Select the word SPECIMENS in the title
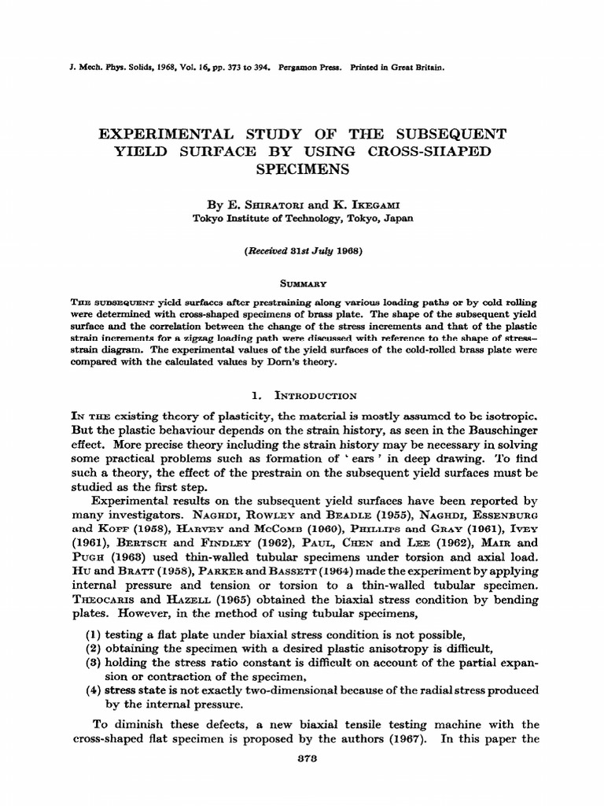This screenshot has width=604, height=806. (x=302, y=168)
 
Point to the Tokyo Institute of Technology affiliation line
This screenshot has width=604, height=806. (x=302, y=220)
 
